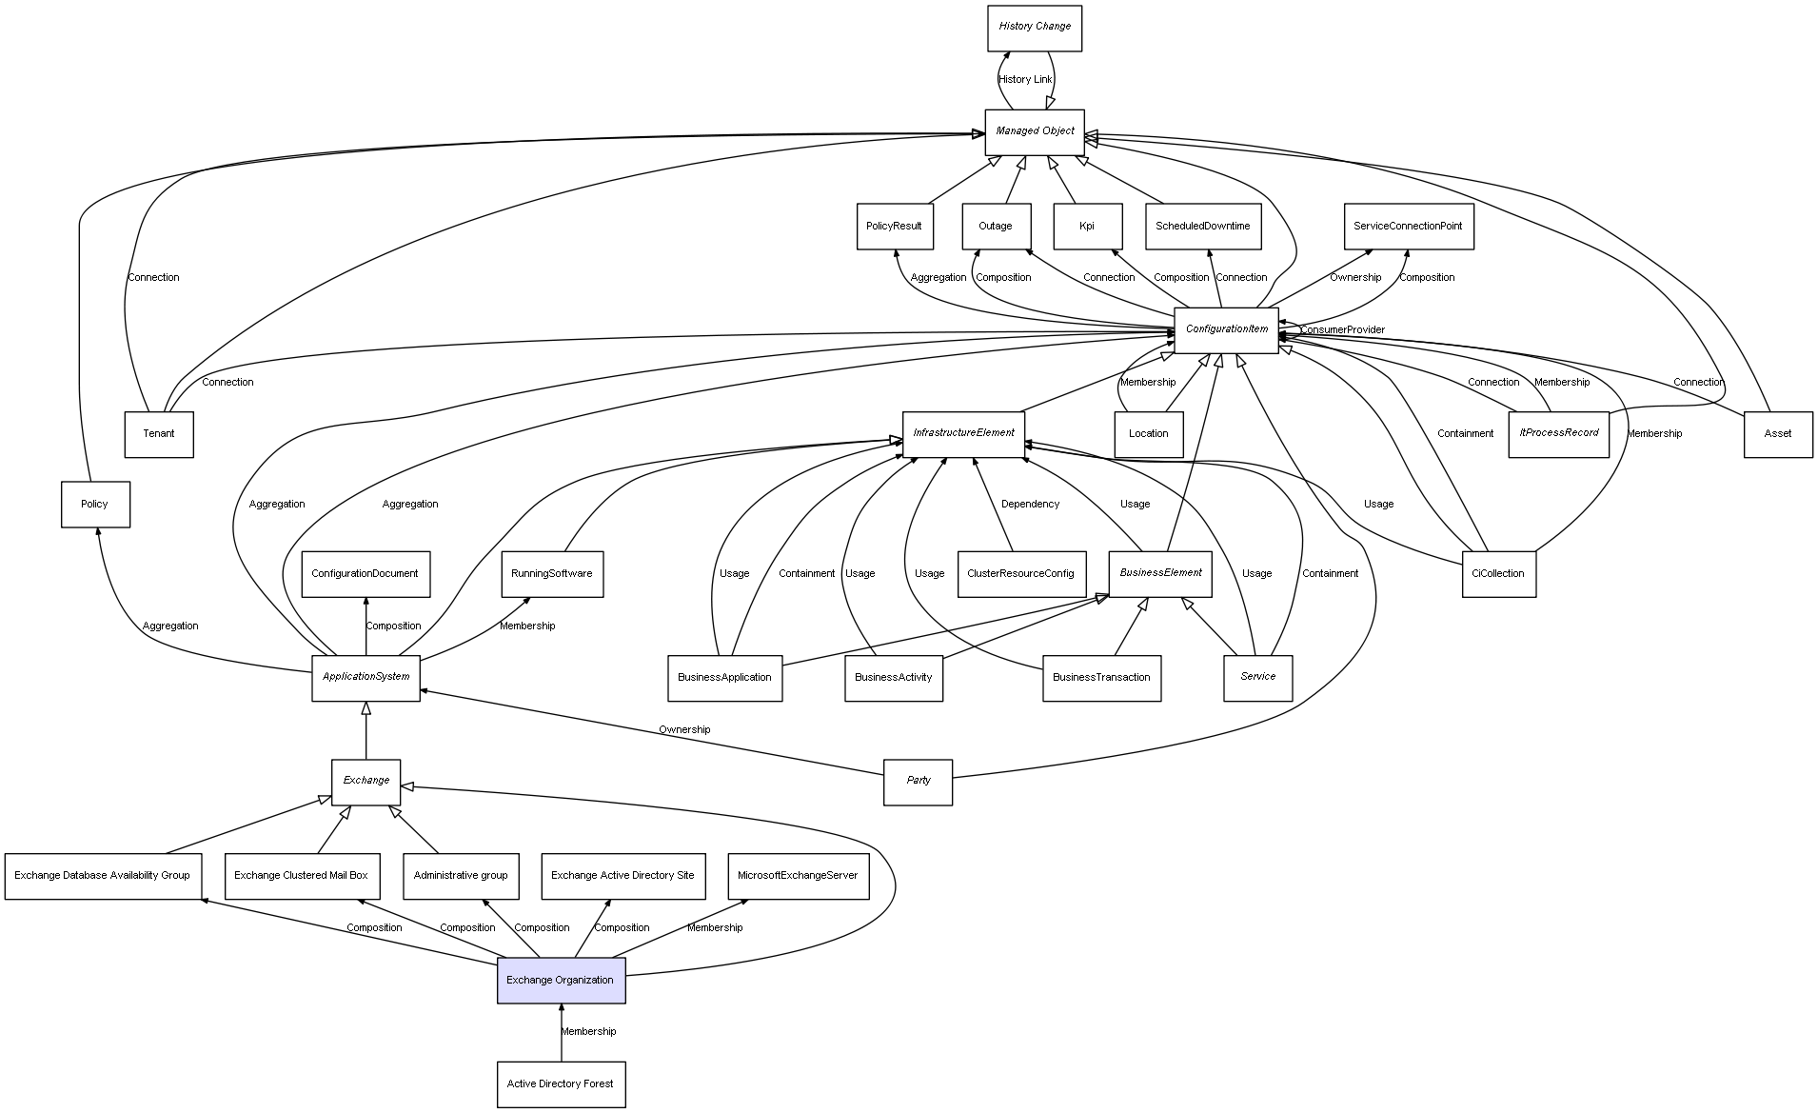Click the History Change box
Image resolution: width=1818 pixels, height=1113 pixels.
pos(1034,28)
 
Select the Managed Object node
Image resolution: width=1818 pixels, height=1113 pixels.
pos(1034,131)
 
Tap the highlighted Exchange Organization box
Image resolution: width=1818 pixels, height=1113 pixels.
pos(561,980)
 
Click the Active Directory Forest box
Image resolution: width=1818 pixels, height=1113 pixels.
pos(561,1083)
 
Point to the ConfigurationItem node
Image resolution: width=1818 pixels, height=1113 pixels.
pos(1226,329)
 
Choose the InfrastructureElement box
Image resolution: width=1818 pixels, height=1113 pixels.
pos(963,433)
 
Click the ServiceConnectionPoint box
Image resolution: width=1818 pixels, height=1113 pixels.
pos(1408,227)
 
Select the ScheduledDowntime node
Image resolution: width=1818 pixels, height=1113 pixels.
pos(1203,227)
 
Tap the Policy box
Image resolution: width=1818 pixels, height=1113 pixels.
pos(95,504)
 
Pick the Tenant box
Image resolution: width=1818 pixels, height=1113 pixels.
pos(159,434)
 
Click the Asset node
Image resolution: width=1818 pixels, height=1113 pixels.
pos(1777,434)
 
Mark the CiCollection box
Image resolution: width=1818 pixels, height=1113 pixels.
pos(1498,573)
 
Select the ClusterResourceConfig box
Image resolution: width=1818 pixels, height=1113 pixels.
pos(1020,573)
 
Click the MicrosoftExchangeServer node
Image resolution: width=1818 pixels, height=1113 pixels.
pos(798,876)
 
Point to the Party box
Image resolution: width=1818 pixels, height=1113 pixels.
pos(918,781)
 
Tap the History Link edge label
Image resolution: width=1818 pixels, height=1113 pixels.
pos(1025,80)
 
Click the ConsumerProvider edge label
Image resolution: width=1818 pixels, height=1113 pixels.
pos(1342,330)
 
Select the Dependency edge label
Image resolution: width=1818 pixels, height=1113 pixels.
pos(1030,504)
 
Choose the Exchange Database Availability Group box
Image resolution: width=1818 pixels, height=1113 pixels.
pos(103,876)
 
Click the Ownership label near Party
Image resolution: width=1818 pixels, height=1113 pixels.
pos(684,729)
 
